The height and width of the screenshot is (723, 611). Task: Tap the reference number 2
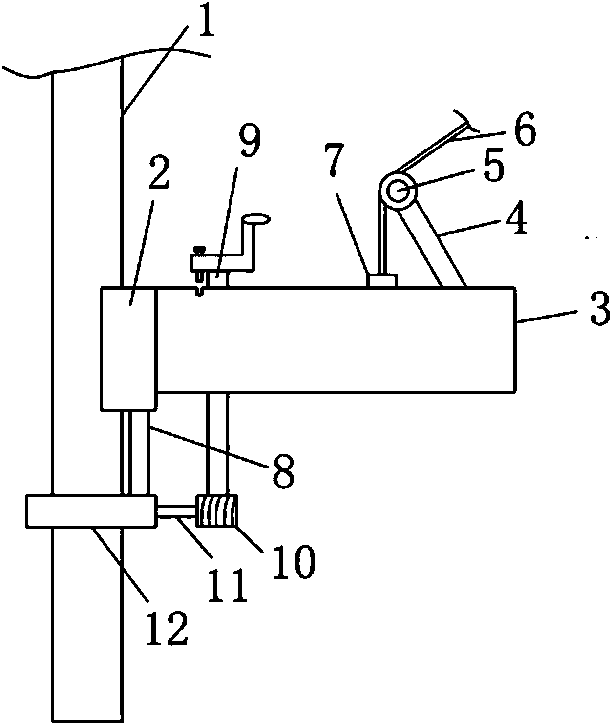[159, 173]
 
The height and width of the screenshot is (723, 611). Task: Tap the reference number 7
[334, 159]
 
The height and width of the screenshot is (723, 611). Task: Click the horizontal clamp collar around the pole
[90, 510]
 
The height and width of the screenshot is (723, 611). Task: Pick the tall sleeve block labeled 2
[128, 348]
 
